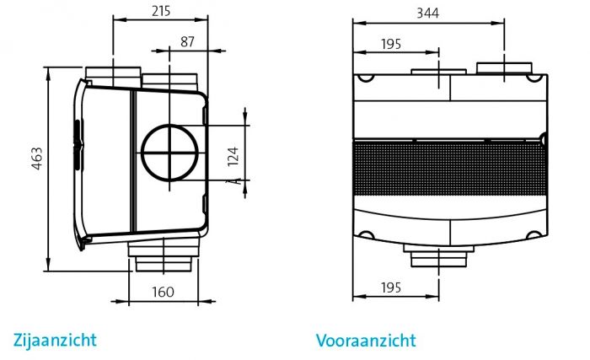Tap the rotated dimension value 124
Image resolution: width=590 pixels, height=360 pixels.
[233, 154]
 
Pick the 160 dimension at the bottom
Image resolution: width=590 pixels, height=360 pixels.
[164, 292]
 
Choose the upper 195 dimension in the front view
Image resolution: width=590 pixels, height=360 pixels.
[390, 44]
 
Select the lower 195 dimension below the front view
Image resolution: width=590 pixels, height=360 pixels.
[390, 288]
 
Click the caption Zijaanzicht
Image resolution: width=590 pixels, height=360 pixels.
[55, 340]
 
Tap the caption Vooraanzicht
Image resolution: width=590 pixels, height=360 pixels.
[366, 341]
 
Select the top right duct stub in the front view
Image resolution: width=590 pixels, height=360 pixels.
[504, 69]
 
